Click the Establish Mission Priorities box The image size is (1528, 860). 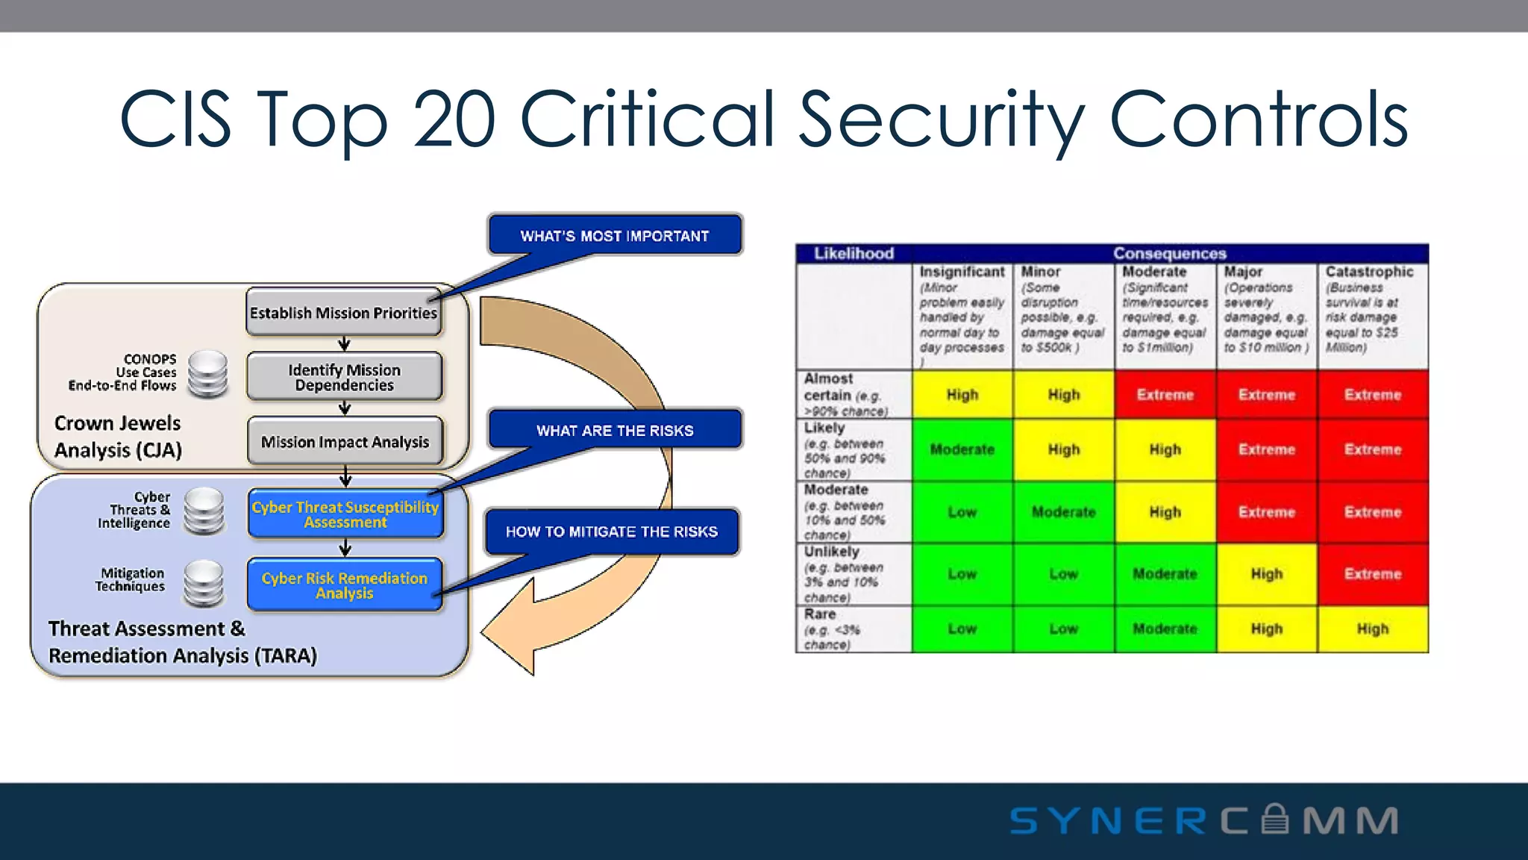(344, 312)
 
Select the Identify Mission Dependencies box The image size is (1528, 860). (344, 377)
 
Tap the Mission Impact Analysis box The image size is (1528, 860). (345, 441)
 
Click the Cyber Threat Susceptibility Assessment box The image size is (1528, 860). (345, 514)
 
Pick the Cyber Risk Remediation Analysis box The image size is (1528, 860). (345, 585)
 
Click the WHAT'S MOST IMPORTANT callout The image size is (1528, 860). (615, 235)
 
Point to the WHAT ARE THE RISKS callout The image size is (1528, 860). (615, 430)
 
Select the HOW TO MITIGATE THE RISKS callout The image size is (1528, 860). (612, 532)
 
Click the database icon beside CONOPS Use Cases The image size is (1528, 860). (207, 374)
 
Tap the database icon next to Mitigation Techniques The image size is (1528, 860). (203, 583)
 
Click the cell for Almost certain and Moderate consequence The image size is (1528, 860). (1165, 394)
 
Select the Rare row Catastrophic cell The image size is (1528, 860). (1373, 629)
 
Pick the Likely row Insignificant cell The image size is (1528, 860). (962, 449)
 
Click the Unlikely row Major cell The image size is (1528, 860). (1267, 573)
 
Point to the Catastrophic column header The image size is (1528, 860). (1370, 272)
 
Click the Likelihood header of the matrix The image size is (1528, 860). (854, 253)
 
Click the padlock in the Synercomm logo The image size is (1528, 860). (1275, 819)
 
